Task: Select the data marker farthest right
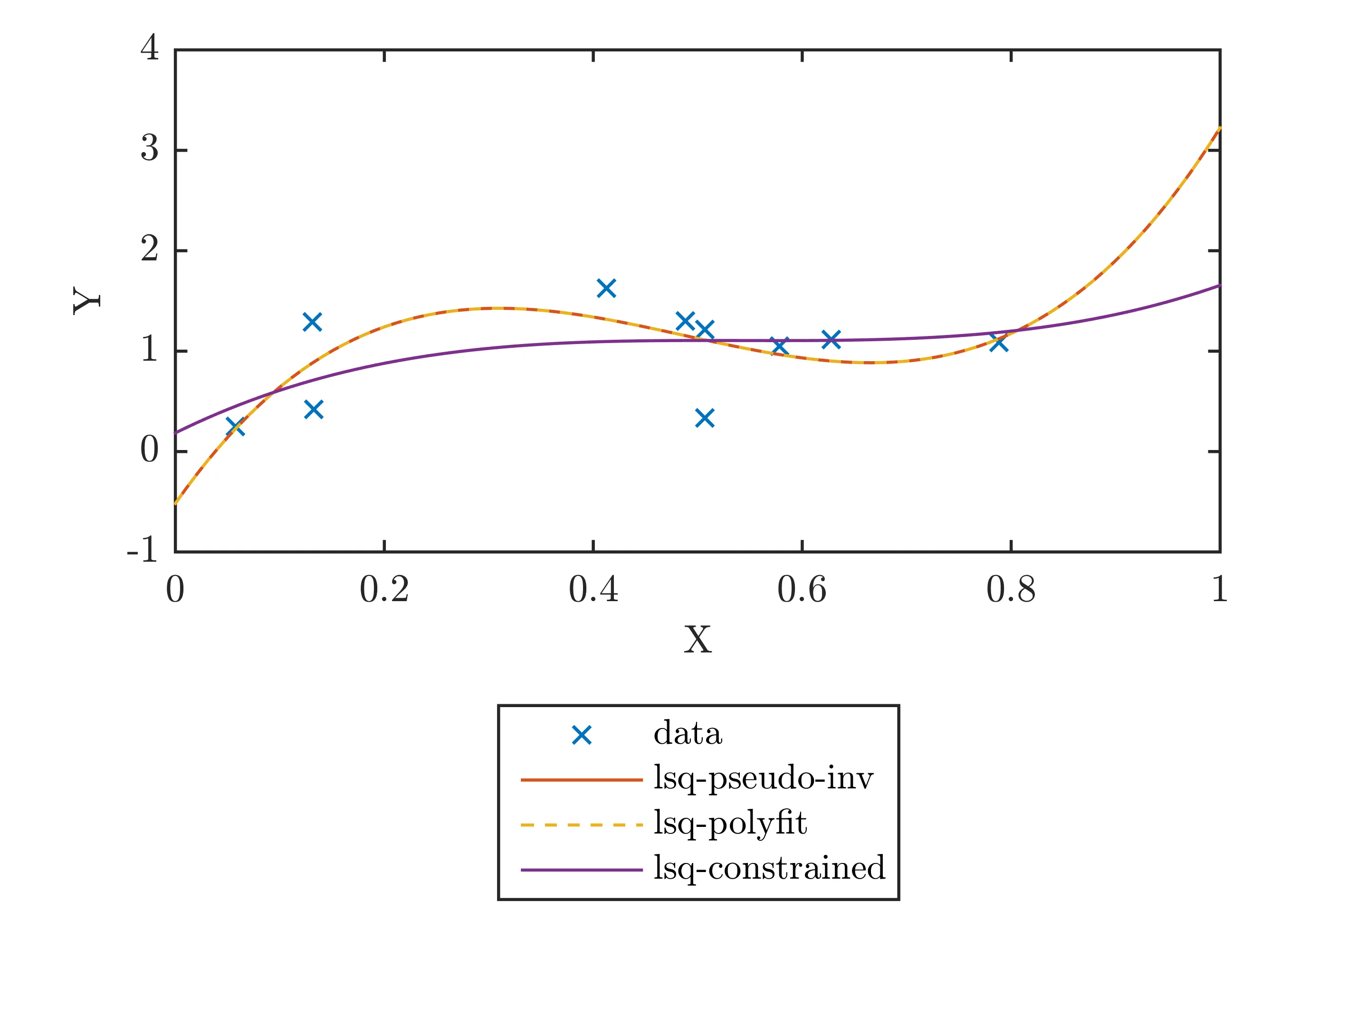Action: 998,343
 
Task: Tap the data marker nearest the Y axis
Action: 235,427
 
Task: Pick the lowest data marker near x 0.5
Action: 705,418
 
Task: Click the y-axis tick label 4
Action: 149,48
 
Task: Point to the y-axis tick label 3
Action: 149,148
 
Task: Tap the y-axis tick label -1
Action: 143,550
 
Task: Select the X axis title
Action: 698,640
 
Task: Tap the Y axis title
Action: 87,300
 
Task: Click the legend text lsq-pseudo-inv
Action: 763,778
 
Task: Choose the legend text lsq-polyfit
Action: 730,824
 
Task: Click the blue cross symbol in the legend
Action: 582,736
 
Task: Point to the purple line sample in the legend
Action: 582,870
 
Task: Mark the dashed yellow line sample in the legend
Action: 582,824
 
